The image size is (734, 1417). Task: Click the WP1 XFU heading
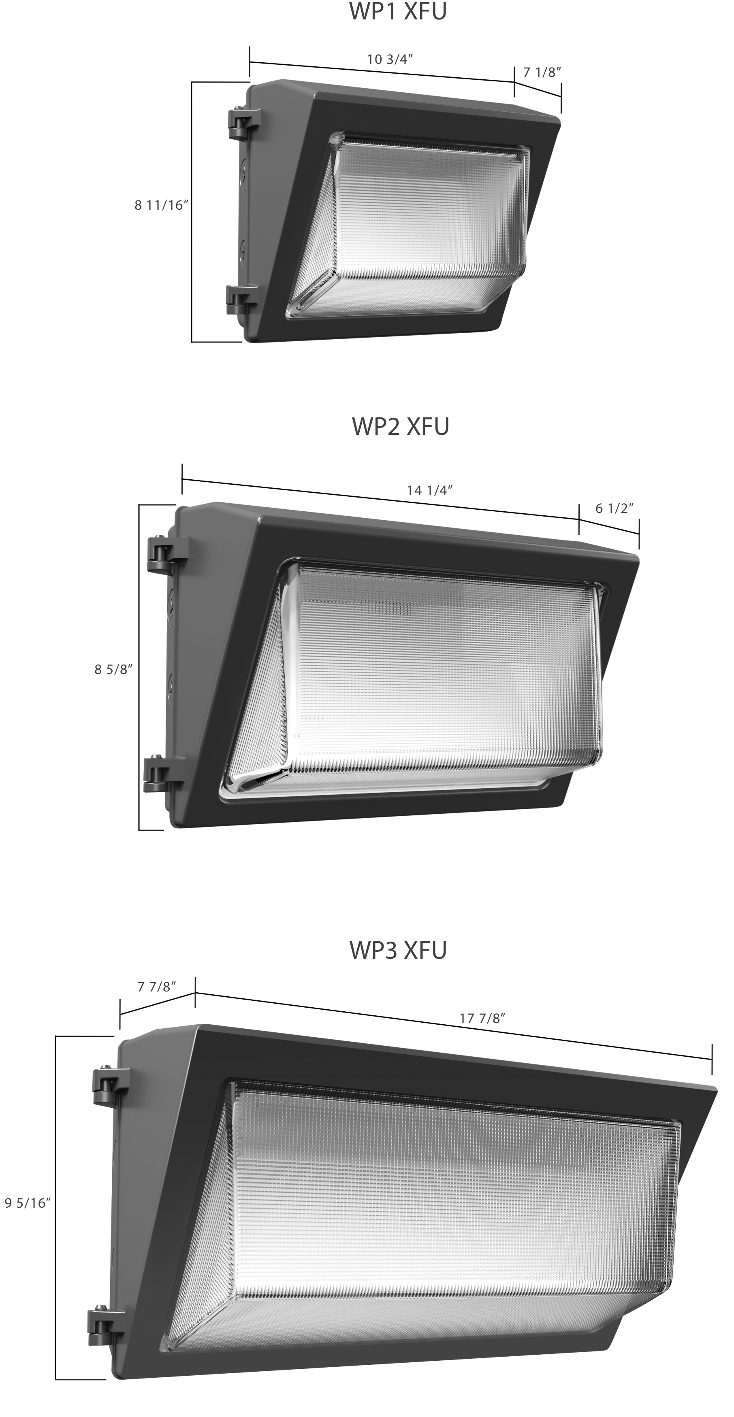(398, 12)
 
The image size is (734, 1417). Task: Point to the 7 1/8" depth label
(542, 72)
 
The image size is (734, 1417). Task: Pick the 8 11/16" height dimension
(162, 205)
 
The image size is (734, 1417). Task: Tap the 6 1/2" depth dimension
(615, 508)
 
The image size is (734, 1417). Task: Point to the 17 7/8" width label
(482, 1018)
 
